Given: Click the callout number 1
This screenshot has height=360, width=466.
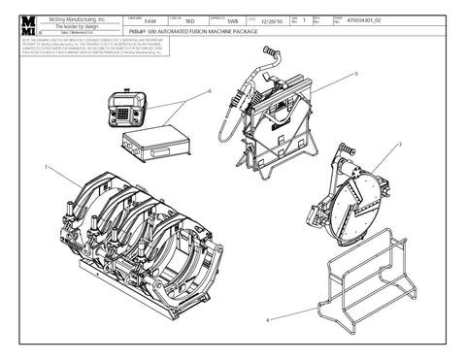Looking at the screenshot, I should click(x=46, y=168).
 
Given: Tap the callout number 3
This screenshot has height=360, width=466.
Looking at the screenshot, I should click(x=400, y=146).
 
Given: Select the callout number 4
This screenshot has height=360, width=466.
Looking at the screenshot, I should click(x=268, y=318).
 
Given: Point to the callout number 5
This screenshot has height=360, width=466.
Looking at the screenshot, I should click(x=356, y=73).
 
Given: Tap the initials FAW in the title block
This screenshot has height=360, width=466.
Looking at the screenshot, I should click(x=149, y=20).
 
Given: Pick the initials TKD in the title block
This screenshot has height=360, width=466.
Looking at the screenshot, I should click(x=189, y=20).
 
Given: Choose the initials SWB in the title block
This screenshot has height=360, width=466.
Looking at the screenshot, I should click(x=232, y=20).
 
